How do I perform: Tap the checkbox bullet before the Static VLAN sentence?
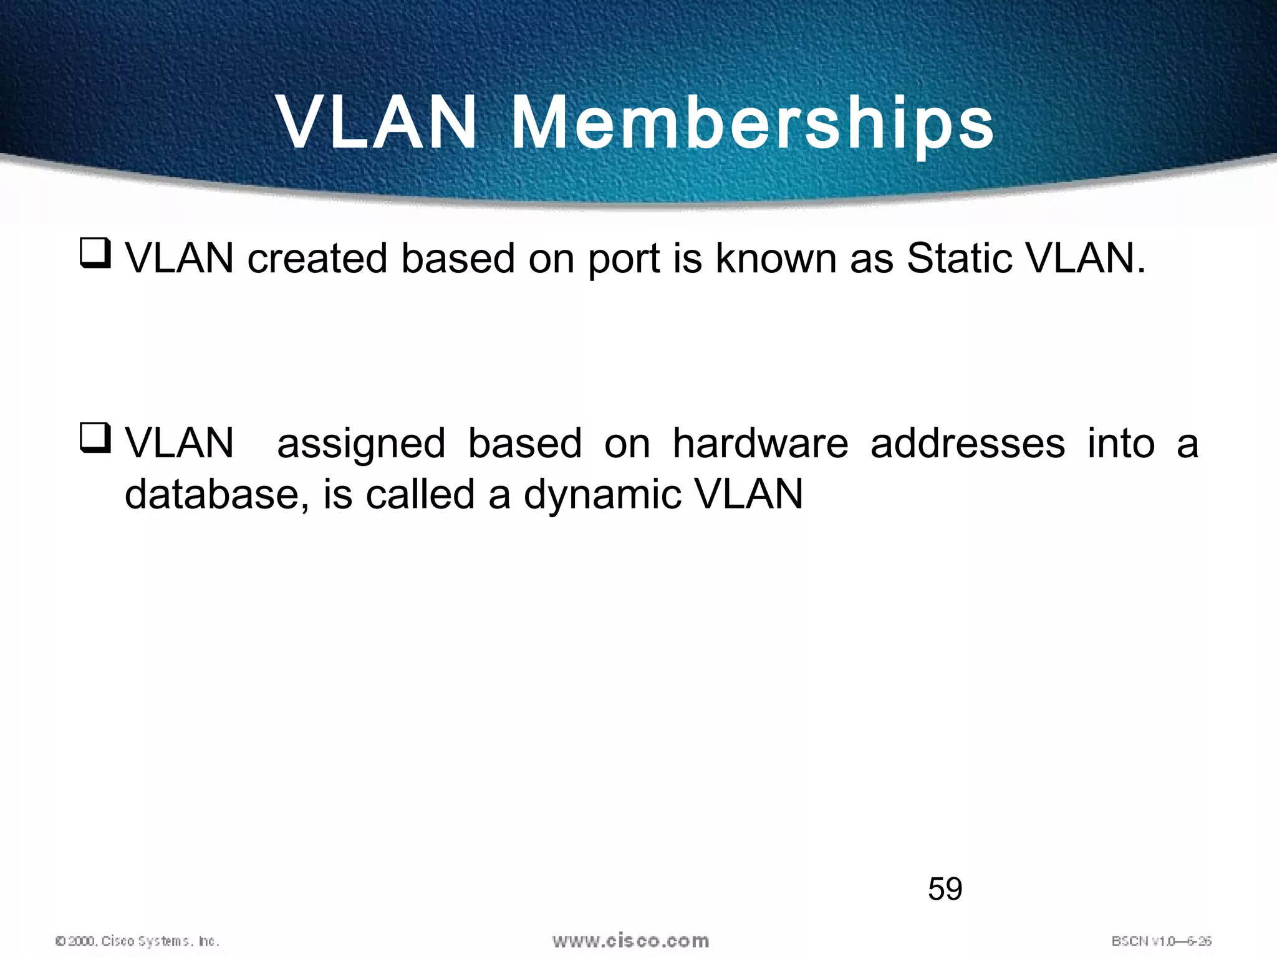[x=95, y=254]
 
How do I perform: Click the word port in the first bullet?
[x=624, y=259]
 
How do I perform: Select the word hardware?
[x=760, y=444]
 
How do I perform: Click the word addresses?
[x=968, y=444]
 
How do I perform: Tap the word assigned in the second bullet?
[x=361, y=445]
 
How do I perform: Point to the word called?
[x=420, y=495]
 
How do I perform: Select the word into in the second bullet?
[x=1121, y=444]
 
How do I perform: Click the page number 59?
[x=945, y=888]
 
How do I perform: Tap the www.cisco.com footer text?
[x=630, y=940]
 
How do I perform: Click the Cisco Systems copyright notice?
[x=138, y=941]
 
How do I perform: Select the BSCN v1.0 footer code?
[x=1161, y=941]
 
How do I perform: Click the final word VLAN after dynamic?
[x=748, y=495]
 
